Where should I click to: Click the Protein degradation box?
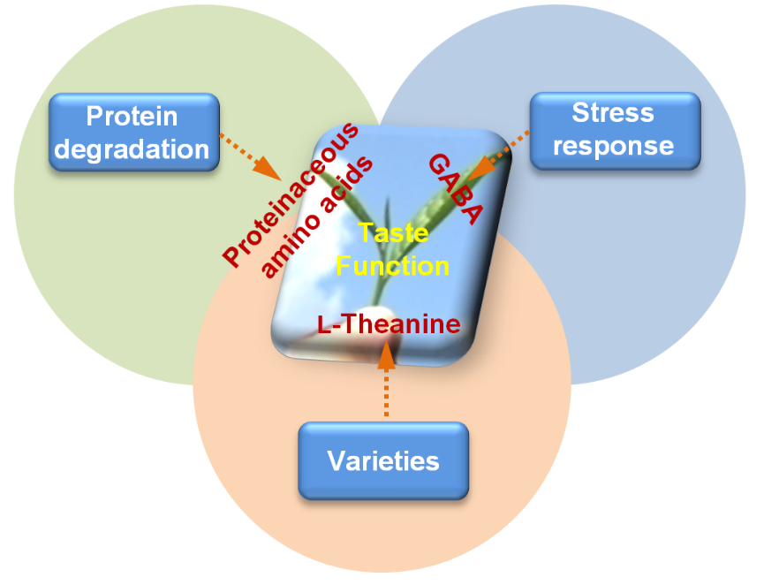pyautogui.click(x=132, y=132)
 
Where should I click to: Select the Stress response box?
pyautogui.click(x=614, y=129)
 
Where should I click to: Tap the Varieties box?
pyautogui.click(x=383, y=460)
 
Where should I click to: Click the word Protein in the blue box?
pyautogui.click(x=132, y=117)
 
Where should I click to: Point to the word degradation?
pyautogui.click(x=132, y=148)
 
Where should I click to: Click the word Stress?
pyautogui.click(x=613, y=113)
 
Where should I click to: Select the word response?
pyautogui.click(x=613, y=145)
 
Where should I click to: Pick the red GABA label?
pyautogui.click(x=458, y=188)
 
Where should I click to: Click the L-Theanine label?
pyautogui.click(x=389, y=324)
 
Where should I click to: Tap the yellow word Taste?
pyautogui.click(x=393, y=233)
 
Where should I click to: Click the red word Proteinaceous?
pyautogui.click(x=291, y=194)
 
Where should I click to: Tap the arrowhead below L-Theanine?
pyautogui.click(x=386, y=353)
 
